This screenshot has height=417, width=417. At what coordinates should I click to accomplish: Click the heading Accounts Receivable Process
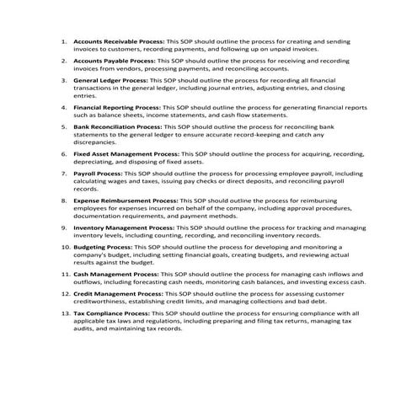tap(118, 41)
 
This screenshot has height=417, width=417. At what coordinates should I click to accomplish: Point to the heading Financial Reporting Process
tap(116, 109)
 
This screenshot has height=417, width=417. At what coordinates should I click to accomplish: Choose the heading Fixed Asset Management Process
tap(126, 155)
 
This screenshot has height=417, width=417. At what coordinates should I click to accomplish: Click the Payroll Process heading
tap(98, 174)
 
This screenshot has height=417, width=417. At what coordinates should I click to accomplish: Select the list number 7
tap(67, 174)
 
